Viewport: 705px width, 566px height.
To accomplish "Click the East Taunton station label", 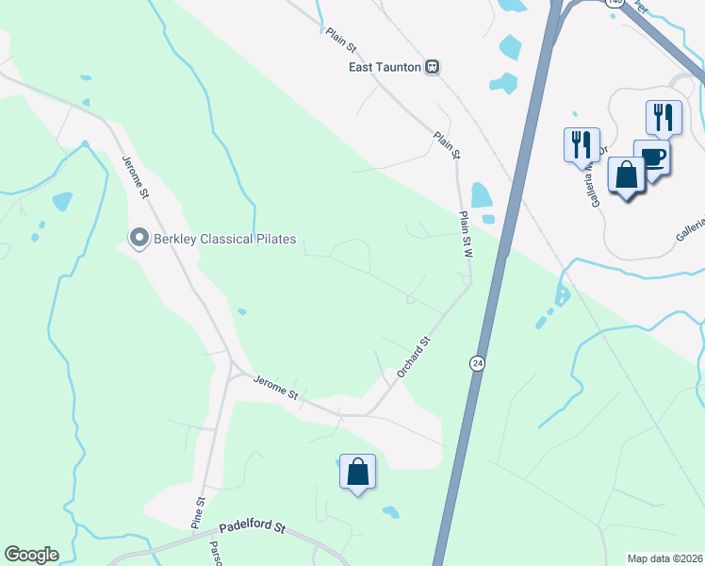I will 385,67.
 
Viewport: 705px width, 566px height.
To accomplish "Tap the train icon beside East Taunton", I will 432,67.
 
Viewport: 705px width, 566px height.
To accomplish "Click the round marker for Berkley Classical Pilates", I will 139,238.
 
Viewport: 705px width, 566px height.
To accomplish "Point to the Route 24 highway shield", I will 477,363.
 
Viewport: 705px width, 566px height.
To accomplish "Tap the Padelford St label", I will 252,530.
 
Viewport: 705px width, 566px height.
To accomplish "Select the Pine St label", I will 197,513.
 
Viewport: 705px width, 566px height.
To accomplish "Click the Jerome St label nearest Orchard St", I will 274,387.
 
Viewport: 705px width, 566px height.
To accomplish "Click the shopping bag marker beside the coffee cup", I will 626,175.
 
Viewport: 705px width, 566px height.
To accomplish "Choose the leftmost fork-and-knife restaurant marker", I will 581,145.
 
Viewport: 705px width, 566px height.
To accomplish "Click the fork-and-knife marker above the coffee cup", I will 664,118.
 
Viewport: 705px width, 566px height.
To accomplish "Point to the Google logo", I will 31,555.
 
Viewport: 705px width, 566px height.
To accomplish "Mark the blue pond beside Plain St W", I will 481,195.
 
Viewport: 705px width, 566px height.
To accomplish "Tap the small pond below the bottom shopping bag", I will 390,512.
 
